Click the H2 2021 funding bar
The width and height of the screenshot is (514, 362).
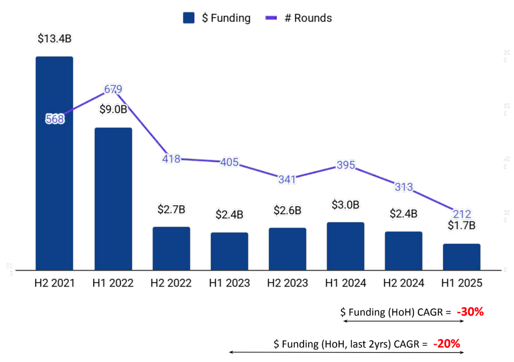(x=54, y=163)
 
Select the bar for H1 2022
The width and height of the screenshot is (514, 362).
(x=113, y=199)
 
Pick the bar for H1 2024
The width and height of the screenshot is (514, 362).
(x=345, y=246)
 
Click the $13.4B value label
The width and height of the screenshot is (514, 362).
(x=54, y=39)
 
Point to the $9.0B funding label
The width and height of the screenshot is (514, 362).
(x=113, y=109)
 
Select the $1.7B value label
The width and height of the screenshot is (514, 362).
(x=462, y=225)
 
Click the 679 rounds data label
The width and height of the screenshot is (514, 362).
(x=113, y=89)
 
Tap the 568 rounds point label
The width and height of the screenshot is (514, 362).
(x=55, y=119)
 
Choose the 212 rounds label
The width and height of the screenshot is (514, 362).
(x=462, y=214)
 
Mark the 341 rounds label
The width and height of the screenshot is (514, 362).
(x=287, y=179)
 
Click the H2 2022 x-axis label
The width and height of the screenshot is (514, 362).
(x=171, y=283)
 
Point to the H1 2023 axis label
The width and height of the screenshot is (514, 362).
(x=229, y=283)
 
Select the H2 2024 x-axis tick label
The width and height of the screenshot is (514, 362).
(x=404, y=283)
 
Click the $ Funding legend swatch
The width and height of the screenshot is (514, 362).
(x=189, y=18)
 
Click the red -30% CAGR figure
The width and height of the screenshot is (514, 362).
(x=471, y=312)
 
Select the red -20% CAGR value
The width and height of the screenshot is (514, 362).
(x=447, y=343)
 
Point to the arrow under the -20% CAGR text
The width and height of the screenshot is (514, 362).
(x=347, y=352)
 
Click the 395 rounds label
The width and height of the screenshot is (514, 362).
(x=346, y=165)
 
